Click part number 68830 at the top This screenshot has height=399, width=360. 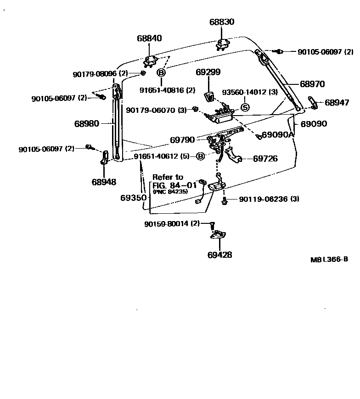coord(222,22)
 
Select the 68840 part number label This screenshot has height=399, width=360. coord(149,39)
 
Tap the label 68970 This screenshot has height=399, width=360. coord(312,84)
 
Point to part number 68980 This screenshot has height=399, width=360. coord(86,123)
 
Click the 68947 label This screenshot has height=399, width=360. coord(337,103)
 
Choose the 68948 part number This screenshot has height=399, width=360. coord(104,182)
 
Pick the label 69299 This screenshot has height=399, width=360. coord(208,72)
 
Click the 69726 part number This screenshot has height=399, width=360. coord(265,159)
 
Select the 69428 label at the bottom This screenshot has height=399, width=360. coord(219,255)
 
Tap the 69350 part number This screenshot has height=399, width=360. coord(134,198)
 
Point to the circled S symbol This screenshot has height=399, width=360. coord(245,108)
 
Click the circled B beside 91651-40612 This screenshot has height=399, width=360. coord(201,156)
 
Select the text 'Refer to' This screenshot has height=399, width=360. coord(168,177)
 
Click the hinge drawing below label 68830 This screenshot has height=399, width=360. coord(222,44)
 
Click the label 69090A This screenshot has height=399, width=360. coord(277,135)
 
